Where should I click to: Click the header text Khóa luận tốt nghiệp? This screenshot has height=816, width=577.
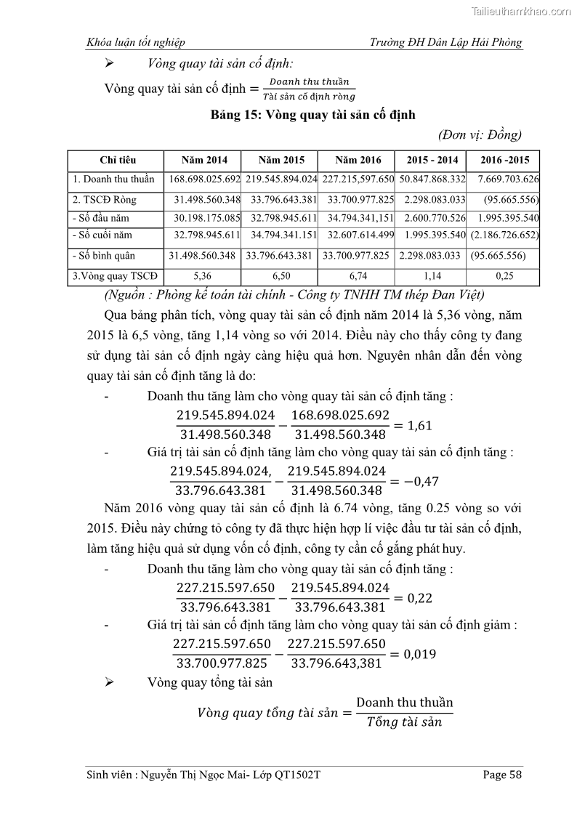(x=135, y=42)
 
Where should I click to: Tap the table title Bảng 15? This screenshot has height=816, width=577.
(x=312, y=115)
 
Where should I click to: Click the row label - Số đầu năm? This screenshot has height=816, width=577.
(x=101, y=218)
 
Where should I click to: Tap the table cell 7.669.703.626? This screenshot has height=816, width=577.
(x=508, y=179)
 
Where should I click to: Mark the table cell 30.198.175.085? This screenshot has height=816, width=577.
(x=206, y=218)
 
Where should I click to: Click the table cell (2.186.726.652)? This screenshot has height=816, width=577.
(x=505, y=235)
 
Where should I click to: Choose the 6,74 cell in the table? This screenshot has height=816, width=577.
(x=359, y=276)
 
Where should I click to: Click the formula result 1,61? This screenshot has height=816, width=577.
(x=419, y=425)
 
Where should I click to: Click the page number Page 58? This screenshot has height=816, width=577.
(x=502, y=775)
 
